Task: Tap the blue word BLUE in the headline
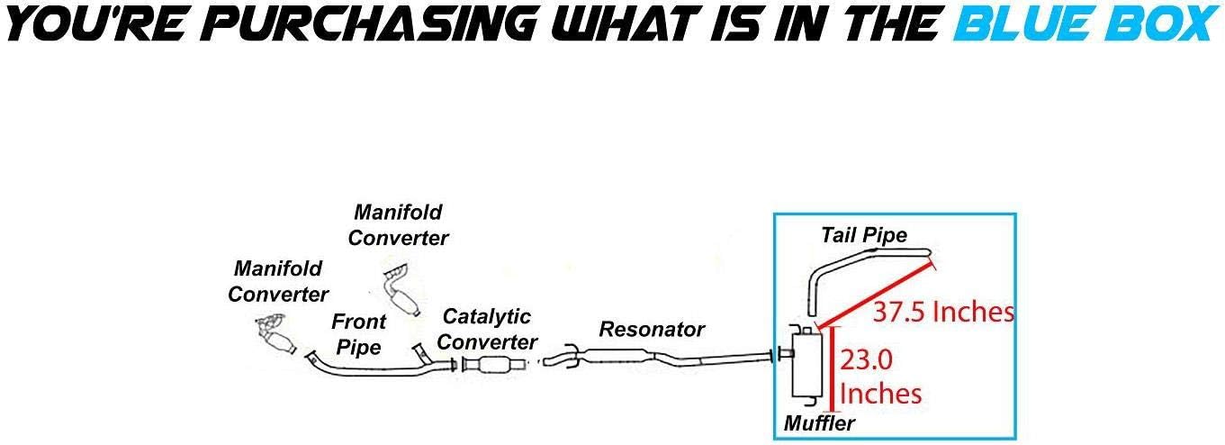(x=1026, y=24)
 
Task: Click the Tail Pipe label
(x=864, y=235)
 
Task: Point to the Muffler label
(x=819, y=423)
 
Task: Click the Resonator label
(x=652, y=329)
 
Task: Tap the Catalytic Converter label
(x=487, y=329)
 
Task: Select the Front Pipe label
(x=359, y=334)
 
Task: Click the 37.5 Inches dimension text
(x=943, y=312)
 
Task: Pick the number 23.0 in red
(x=866, y=359)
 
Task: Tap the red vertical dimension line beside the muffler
(x=833, y=369)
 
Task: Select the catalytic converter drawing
(x=494, y=364)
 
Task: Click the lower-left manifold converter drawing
(x=276, y=334)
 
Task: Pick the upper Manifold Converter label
(x=398, y=225)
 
